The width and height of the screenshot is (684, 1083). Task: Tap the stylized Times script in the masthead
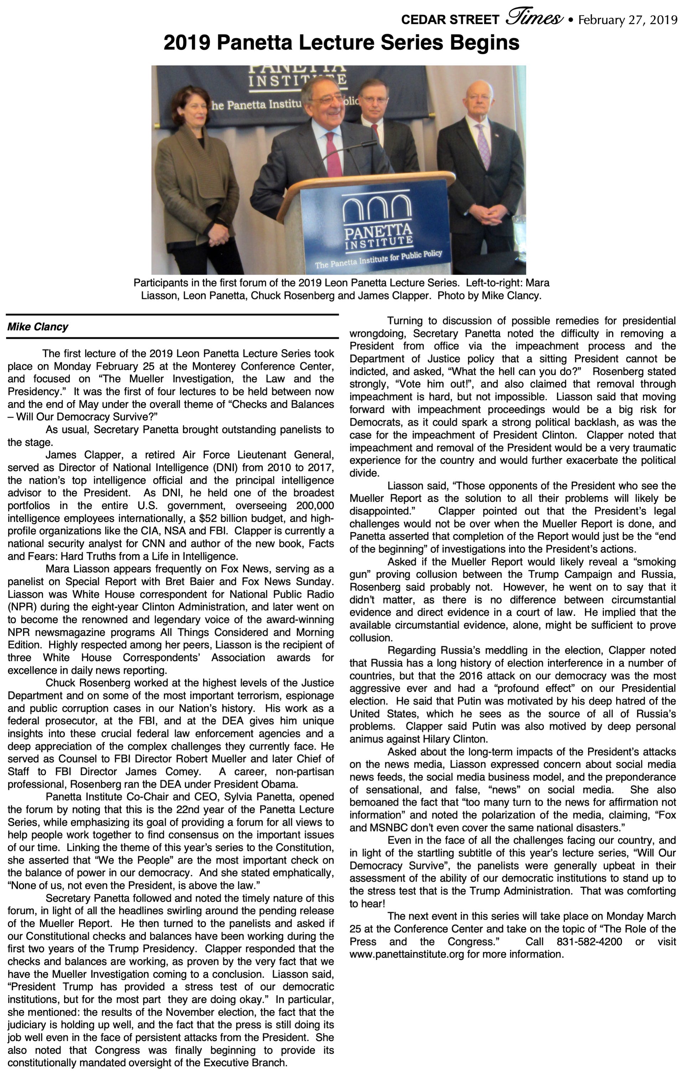pos(534,17)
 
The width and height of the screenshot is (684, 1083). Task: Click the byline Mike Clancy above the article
pos(38,327)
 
